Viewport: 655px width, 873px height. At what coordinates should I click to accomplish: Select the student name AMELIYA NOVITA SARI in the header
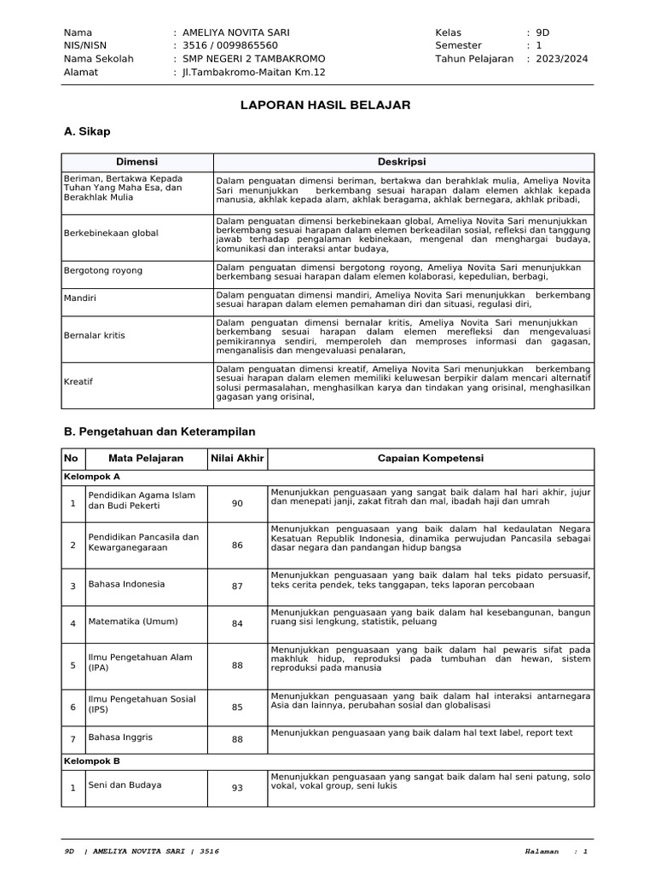[236, 32]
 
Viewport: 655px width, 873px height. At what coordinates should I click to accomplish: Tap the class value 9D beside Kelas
[542, 32]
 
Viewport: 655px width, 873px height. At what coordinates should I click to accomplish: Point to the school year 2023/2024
[562, 59]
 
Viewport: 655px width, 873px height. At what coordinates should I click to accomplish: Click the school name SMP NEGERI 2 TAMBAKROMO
[253, 59]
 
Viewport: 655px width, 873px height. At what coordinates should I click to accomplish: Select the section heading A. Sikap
[87, 132]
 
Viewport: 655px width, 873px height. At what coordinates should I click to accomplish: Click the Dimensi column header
[136, 162]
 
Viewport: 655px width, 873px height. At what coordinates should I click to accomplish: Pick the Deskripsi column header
[402, 162]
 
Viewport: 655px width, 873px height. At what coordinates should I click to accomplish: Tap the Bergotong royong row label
[103, 270]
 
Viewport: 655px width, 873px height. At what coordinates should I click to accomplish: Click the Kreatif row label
[78, 383]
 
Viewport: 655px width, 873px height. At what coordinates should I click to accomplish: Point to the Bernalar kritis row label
[94, 335]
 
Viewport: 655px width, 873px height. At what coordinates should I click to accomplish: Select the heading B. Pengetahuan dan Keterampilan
[159, 431]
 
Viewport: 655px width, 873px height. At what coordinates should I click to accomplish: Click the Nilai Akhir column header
[237, 459]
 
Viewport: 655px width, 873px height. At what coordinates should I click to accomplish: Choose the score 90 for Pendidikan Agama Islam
[237, 504]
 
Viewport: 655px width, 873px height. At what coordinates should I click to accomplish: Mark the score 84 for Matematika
[237, 624]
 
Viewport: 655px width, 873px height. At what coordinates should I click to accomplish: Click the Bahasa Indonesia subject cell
[126, 585]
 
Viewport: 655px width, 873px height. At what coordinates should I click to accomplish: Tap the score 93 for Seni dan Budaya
[237, 788]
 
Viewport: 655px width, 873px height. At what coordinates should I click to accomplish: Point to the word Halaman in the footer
[542, 852]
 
